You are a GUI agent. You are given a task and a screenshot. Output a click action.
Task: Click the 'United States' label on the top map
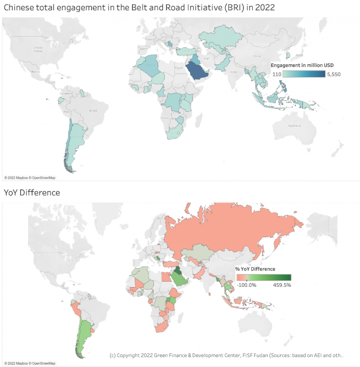(38, 49)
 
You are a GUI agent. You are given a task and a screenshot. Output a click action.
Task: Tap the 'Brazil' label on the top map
(93, 111)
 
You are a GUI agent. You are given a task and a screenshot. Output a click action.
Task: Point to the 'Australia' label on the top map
(294, 125)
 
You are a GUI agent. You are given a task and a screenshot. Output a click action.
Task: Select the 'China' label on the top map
(256, 56)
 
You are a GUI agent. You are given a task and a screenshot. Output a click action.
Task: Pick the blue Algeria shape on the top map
(149, 67)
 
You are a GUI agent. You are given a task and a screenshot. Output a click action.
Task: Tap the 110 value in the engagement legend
(277, 74)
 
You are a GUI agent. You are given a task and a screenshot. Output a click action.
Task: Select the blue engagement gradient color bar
(304, 74)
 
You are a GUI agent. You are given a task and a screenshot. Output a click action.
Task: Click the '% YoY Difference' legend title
(255, 269)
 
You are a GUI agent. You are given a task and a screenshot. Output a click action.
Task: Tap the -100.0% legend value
(247, 284)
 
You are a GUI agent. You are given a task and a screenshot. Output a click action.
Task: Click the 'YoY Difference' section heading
(32, 192)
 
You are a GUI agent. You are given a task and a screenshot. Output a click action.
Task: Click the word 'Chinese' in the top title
(18, 8)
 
